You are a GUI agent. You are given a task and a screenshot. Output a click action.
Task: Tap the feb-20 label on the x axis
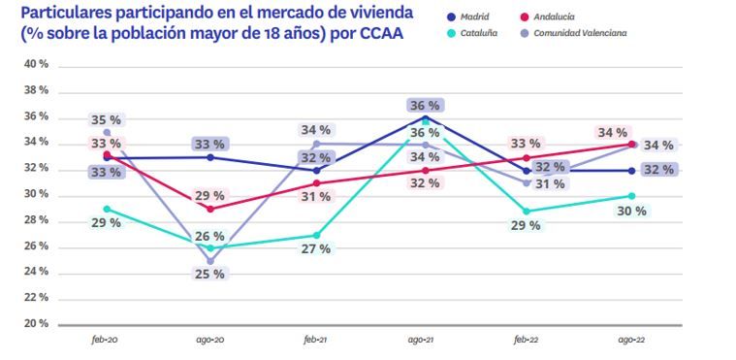tap(106, 342)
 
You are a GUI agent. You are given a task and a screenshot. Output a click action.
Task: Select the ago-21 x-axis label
tap(420, 342)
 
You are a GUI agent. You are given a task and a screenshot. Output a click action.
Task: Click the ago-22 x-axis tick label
tap(630, 342)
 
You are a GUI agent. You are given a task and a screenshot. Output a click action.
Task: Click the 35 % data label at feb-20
tap(107, 120)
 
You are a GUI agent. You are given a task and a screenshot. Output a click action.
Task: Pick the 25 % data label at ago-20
tap(210, 275)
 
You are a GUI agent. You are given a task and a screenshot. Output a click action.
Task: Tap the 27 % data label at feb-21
tap(315, 248)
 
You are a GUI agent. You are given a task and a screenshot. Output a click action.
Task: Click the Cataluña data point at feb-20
tap(106, 209)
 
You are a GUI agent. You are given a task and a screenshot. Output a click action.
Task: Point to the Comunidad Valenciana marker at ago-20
tap(210, 261)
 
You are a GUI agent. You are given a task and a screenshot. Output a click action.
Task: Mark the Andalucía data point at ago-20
tap(210, 209)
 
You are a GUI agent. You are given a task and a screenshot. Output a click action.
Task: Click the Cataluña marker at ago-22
tap(630, 196)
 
